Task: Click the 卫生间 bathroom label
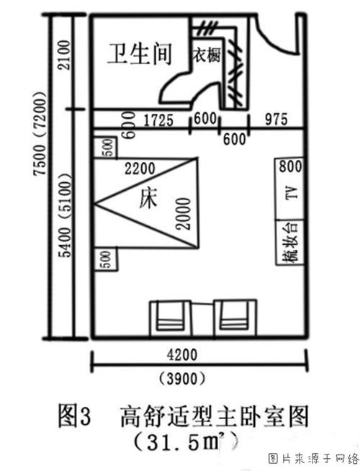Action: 140,54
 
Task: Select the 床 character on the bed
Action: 148,199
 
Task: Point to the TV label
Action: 292,192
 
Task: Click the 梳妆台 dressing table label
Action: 291,243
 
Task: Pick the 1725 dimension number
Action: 158,120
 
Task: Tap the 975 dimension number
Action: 276,120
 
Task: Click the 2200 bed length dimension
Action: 140,169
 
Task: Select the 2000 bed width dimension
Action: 183,214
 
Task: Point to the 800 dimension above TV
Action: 290,166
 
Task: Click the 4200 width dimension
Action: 182,355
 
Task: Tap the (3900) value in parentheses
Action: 182,379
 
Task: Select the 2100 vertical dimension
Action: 63,55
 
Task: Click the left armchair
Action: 171,319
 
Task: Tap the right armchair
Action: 235,318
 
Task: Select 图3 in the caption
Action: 74,416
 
